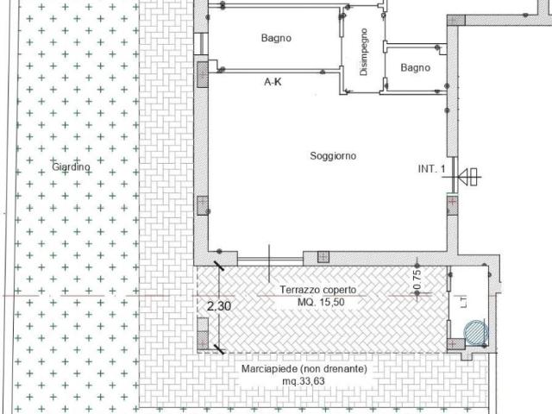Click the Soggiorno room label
[332, 156]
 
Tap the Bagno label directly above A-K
[276, 38]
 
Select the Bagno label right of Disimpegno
[414, 67]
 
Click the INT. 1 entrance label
[430, 170]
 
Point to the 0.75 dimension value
[417, 279]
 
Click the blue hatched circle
[475, 332]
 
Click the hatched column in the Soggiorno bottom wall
[323, 257]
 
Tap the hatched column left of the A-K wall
[203, 72]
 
